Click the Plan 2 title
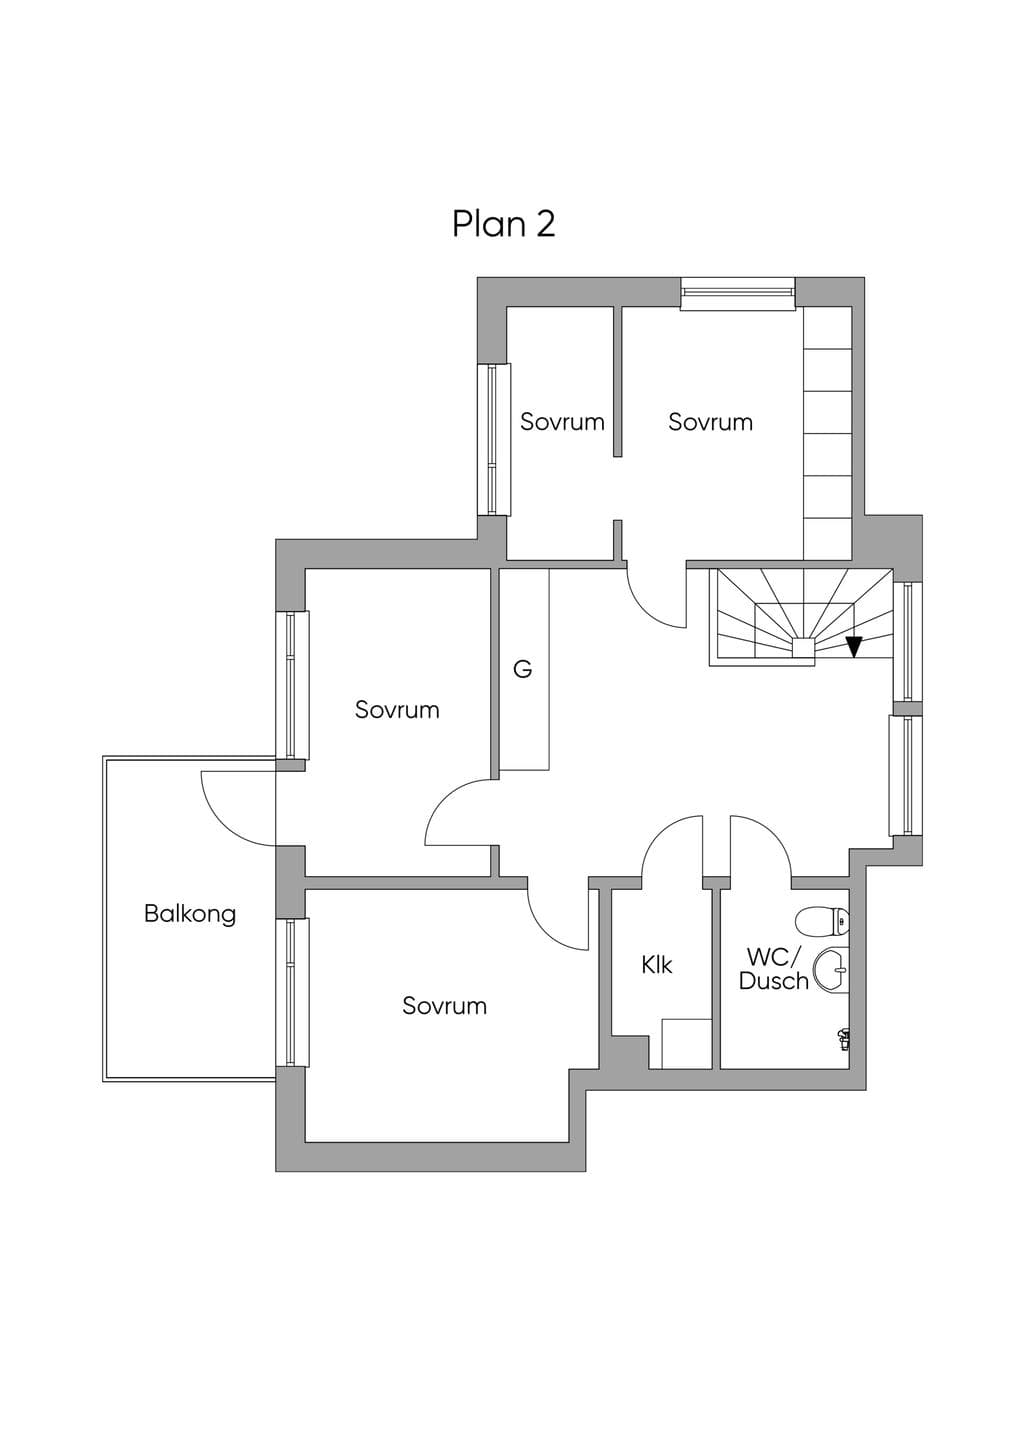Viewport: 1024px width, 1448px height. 504,224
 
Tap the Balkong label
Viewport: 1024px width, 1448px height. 190,915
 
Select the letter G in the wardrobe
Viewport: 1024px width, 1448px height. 522,669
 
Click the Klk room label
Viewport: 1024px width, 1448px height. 657,965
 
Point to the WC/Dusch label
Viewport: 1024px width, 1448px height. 774,968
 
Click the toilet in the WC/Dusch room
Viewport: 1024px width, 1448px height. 822,921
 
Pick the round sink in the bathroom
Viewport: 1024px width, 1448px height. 831,970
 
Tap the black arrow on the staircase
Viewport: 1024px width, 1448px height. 855,647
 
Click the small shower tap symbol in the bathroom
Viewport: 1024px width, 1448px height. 842,1039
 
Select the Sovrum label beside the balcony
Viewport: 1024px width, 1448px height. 397,710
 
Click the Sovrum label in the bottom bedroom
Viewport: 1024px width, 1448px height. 444,1006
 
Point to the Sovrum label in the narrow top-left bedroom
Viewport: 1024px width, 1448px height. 562,422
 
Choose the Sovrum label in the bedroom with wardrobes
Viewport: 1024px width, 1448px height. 710,422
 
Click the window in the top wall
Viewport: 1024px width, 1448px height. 738,293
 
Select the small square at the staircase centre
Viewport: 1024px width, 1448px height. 804,646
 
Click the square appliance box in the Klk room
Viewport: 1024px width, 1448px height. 687,1043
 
